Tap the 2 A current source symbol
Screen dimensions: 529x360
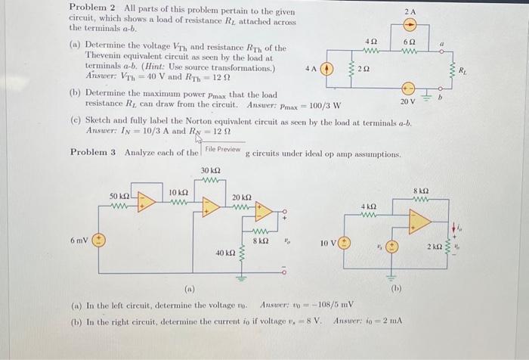409,29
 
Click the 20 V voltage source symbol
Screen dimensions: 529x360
408,88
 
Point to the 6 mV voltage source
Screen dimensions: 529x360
98,241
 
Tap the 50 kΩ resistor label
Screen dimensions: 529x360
119,196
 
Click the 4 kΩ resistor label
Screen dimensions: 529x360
368,206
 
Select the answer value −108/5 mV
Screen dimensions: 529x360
322,306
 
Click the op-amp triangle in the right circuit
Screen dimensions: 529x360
421,221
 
